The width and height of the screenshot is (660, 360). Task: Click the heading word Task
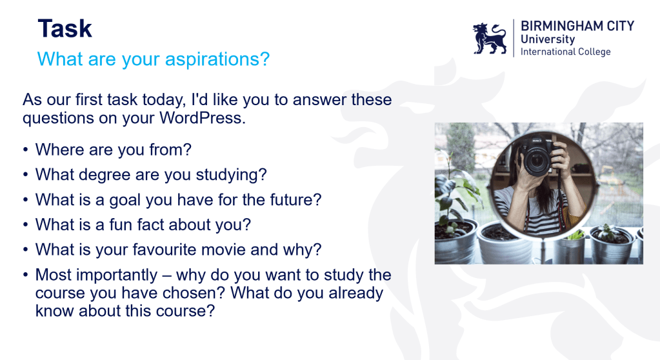point(65,28)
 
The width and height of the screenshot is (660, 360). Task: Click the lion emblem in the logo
point(490,39)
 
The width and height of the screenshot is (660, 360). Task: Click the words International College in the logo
point(565,52)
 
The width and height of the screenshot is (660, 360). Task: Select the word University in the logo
point(548,39)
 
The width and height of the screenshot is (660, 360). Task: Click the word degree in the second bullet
point(105,175)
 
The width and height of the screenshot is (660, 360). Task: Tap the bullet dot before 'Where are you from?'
point(26,150)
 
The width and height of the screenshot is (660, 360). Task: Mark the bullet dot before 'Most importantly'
point(26,275)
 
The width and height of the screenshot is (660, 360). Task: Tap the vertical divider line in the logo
point(514,38)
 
